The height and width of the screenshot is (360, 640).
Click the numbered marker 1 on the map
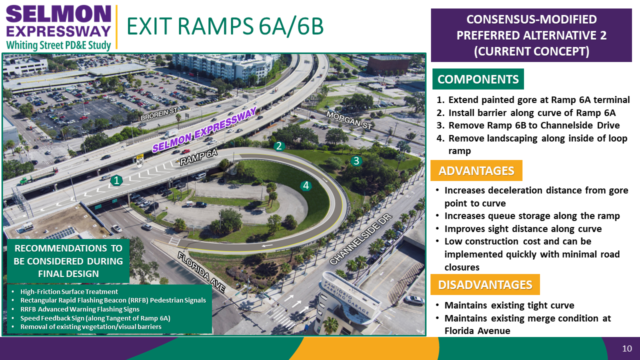click(116, 180)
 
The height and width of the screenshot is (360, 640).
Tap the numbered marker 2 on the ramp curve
click(279, 146)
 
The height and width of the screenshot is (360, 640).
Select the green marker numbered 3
click(356, 161)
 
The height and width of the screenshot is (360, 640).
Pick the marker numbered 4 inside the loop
click(306, 186)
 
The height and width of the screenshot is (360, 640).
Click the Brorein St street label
click(159, 114)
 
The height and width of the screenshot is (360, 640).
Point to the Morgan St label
click(349, 120)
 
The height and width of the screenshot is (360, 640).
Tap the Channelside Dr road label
click(360, 239)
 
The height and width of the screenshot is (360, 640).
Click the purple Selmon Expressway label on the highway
click(204, 129)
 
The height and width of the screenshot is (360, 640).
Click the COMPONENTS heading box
click(478, 79)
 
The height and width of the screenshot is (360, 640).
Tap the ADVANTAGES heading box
click(476, 170)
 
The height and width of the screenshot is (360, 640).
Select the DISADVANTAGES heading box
click(485, 284)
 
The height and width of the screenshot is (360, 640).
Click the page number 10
click(627, 348)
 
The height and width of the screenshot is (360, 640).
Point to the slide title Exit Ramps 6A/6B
click(225, 26)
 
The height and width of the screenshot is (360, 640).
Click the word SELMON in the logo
click(58, 14)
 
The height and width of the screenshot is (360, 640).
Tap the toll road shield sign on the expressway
click(140, 161)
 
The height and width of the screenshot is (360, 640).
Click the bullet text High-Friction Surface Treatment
click(69, 291)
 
